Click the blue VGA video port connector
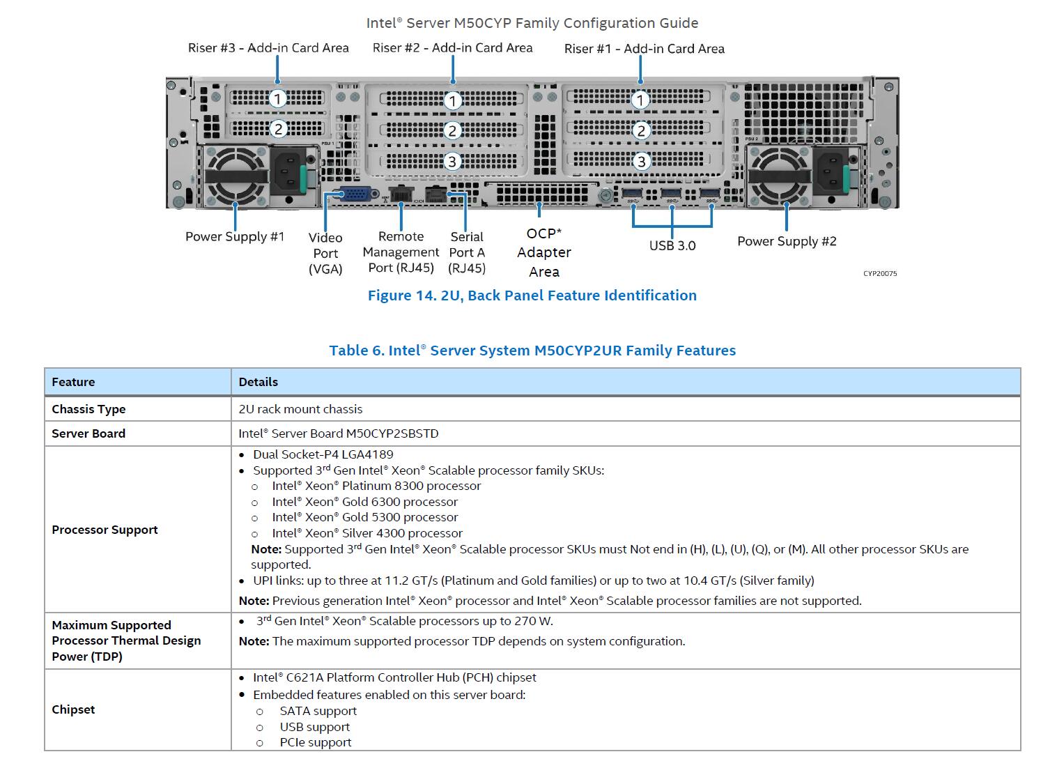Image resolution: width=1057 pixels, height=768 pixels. pos(355,194)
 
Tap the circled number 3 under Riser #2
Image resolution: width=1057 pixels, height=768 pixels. pos(452,162)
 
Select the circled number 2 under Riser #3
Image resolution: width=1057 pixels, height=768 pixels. pos(279,129)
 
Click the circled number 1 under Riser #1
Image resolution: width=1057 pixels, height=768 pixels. pos(640,100)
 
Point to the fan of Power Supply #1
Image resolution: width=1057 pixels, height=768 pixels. pos(236,176)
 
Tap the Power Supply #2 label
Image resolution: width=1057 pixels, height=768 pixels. pos(787,241)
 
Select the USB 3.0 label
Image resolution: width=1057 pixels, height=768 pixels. pos(672,245)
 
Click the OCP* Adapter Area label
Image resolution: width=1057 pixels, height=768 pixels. pos(544,252)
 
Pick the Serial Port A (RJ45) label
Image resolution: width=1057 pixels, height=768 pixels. pos(467,252)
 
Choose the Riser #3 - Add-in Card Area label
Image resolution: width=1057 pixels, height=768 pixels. pos(268,47)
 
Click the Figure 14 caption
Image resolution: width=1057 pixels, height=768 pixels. pos(532,295)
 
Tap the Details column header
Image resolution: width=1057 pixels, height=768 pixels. pos(258,382)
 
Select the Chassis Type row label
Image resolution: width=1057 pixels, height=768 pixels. pos(88,409)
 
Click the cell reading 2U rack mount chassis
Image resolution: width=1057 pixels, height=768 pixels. pos(300,409)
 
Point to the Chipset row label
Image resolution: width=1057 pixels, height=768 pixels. pos(73,709)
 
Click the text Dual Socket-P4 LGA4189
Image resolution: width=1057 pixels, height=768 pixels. pos(323,454)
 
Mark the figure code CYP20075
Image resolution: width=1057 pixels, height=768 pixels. pos(880,274)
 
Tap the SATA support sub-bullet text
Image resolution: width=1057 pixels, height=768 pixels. pos(318,711)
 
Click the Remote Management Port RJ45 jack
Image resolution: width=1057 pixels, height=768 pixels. pos(401,194)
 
